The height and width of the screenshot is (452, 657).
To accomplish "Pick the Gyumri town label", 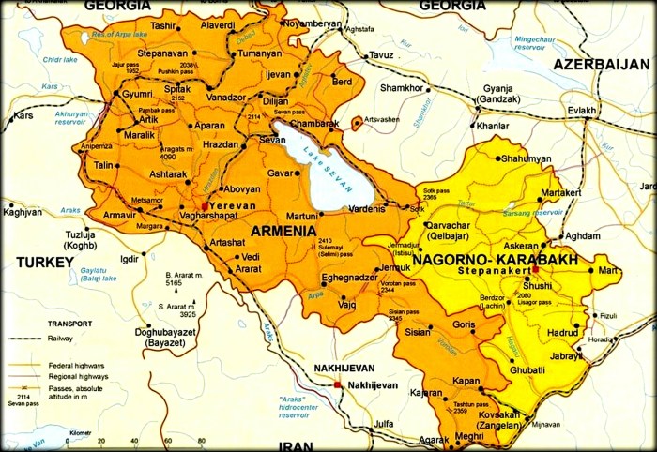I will [x=137, y=95].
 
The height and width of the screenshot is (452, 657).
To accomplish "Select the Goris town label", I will [x=464, y=324].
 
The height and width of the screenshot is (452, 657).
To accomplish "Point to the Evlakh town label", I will [x=581, y=111].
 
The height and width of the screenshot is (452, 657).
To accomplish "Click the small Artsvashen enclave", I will [x=357, y=122].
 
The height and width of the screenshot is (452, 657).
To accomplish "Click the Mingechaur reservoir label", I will [x=542, y=43].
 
